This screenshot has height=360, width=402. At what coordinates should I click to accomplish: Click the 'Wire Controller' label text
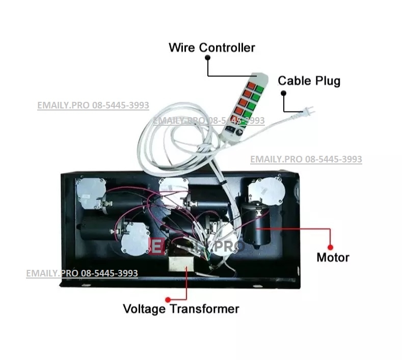(211, 48)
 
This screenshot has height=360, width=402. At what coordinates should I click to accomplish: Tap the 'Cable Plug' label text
(309, 80)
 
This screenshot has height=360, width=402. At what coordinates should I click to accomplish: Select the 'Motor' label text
(333, 257)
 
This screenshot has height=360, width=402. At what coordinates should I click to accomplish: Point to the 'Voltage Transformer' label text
(181, 309)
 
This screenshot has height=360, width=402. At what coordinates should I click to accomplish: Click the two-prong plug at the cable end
(307, 110)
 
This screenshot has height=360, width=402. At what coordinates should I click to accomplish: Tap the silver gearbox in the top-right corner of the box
(265, 192)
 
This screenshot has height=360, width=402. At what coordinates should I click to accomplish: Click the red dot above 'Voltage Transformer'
(168, 299)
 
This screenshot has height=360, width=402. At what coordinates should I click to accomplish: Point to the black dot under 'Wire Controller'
(208, 58)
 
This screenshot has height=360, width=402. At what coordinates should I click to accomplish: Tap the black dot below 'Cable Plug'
(284, 93)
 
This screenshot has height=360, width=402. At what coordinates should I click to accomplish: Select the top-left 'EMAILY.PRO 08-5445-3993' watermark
(93, 105)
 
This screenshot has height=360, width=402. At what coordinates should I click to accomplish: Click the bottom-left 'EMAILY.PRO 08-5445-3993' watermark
(82, 273)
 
